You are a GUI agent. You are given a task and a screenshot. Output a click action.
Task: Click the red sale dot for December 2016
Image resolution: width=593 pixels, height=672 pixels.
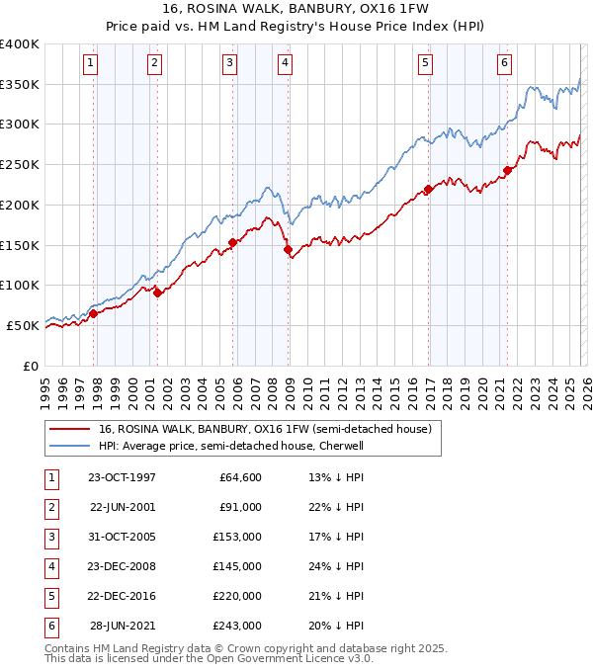point(428,189)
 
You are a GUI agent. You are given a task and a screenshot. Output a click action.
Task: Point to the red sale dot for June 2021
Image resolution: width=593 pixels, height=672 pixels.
point(507,170)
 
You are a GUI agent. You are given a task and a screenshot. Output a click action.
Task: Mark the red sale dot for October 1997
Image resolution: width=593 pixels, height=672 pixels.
point(94,314)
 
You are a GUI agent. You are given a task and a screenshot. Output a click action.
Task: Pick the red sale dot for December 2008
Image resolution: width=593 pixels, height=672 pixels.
point(289,250)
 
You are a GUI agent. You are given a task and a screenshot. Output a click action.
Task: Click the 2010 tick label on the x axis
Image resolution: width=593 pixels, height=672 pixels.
point(307,391)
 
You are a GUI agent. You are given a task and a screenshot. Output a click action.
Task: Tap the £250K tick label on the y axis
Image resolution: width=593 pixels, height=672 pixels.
point(20,164)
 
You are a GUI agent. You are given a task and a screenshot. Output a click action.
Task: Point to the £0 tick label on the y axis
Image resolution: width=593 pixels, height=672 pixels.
point(30,366)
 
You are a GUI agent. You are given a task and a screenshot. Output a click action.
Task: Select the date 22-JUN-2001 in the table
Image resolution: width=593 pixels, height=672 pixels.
point(122,506)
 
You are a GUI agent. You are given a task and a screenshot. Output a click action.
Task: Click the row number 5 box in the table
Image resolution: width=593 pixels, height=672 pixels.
point(50,596)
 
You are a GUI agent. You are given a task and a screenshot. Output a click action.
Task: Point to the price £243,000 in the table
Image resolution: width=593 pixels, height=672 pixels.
point(237,626)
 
